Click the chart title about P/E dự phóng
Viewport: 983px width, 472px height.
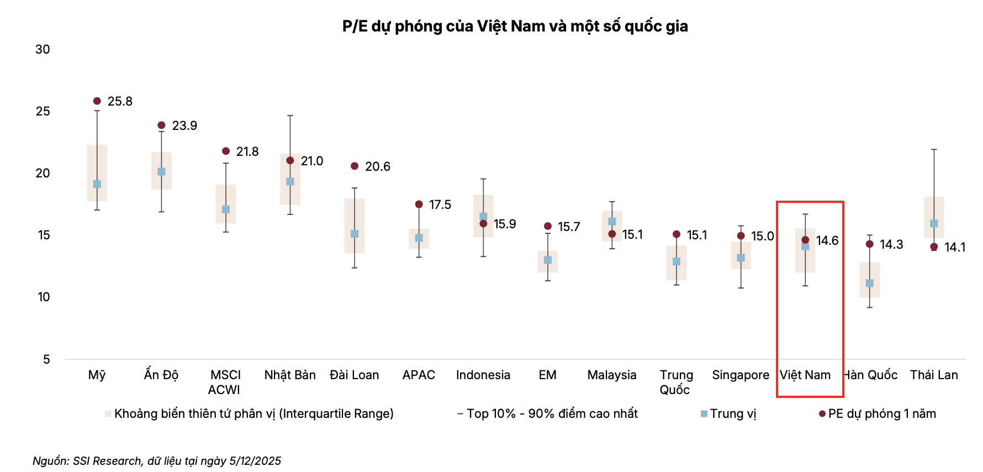click(515, 27)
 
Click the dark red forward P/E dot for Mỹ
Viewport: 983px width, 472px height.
click(97, 101)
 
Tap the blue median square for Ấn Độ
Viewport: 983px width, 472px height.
click(161, 172)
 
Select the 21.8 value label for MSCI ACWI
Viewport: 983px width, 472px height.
click(247, 151)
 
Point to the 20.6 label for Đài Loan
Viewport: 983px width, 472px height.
click(378, 166)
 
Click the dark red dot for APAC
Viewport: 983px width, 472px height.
click(419, 204)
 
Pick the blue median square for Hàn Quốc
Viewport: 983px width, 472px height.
click(870, 283)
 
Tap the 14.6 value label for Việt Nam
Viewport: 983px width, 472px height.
click(827, 240)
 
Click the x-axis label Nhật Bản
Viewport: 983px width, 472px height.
click(290, 375)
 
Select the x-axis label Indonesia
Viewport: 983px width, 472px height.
click(483, 375)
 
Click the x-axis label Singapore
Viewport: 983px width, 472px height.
click(741, 375)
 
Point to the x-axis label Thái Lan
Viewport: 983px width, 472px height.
click(934, 375)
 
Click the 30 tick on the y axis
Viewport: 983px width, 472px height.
click(43, 49)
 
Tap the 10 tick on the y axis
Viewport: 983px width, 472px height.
click(44, 297)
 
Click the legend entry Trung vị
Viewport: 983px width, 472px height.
click(728, 413)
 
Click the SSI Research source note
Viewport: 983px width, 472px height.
click(157, 461)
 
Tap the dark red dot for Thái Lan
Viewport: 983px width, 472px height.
click(934, 247)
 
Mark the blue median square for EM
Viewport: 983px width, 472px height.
click(548, 260)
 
